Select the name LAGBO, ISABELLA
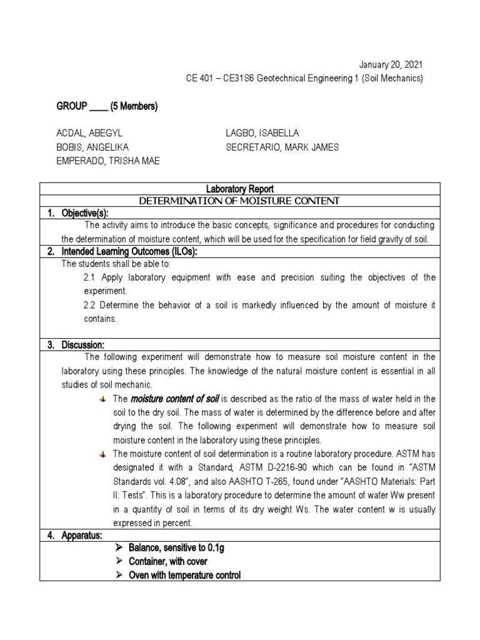point(262,133)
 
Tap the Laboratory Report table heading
point(240,189)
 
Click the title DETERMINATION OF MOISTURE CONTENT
point(240,201)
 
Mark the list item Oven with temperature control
point(184,574)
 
